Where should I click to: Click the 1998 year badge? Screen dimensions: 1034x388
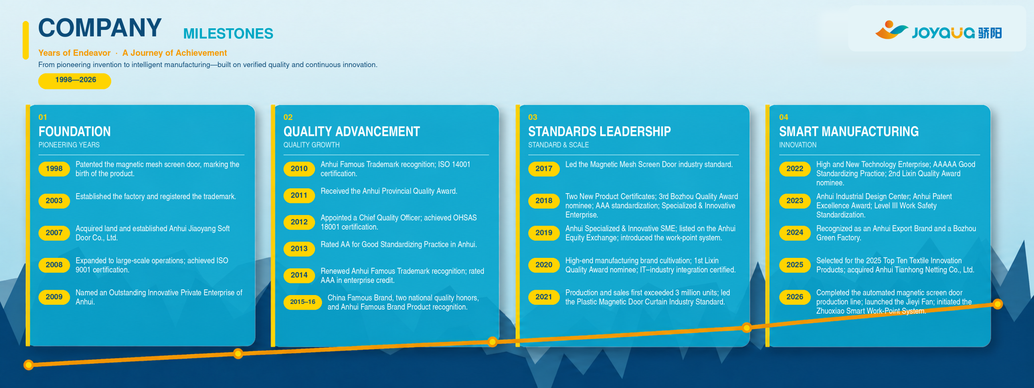click(x=54, y=169)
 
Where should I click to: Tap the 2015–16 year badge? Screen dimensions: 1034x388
click(x=303, y=302)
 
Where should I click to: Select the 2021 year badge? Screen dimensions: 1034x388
click(x=544, y=297)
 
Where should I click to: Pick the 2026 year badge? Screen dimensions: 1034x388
click(x=794, y=297)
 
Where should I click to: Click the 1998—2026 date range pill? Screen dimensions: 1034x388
click(x=75, y=80)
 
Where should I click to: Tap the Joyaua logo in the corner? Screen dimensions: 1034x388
click(x=938, y=31)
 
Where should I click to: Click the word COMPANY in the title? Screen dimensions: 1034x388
click(x=100, y=28)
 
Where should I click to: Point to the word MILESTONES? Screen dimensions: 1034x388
click(x=228, y=34)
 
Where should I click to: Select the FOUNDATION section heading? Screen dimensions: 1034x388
click(x=75, y=131)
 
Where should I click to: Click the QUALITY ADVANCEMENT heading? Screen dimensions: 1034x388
click(x=352, y=131)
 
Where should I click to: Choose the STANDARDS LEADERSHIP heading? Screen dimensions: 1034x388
click(x=599, y=131)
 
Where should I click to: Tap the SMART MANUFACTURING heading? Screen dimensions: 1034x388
click(x=849, y=131)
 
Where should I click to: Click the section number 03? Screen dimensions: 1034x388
click(x=533, y=117)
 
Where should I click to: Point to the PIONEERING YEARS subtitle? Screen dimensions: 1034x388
click(x=69, y=145)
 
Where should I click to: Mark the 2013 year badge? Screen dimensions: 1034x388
click(x=299, y=249)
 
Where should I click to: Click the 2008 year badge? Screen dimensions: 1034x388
click(x=54, y=265)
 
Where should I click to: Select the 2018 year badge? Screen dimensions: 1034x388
click(x=544, y=201)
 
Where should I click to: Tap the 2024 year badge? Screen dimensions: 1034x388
click(x=794, y=233)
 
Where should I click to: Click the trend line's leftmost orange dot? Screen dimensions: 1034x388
click(x=28, y=365)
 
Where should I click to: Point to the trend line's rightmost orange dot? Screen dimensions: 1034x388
click(x=997, y=304)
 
